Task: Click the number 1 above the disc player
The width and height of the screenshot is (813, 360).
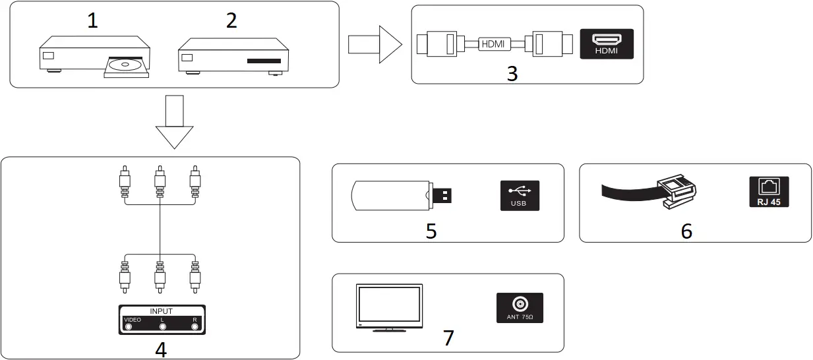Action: (x=92, y=21)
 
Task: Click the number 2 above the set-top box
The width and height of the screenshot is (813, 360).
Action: (x=231, y=21)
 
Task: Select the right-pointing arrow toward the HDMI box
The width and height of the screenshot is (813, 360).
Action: (x=375, y=45)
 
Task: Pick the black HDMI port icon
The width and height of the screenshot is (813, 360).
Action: (x=606, y=44)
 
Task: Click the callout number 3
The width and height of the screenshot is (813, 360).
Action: (x=512, y=73)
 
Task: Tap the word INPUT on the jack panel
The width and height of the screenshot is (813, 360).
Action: (x=162, y=311)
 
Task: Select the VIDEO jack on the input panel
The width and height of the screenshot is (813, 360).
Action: (x=129, y=326)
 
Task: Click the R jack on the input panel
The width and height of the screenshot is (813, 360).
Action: (x=195, y=326)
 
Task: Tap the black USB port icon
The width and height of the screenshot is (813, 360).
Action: (x=520, y=195)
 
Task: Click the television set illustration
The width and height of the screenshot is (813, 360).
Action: (x=389, y=307)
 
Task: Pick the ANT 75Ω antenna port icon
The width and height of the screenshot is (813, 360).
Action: (x=520, y=307)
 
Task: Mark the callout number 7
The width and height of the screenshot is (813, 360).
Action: (x=448, y=338)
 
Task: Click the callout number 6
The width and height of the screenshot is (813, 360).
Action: (x=686, y=230)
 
